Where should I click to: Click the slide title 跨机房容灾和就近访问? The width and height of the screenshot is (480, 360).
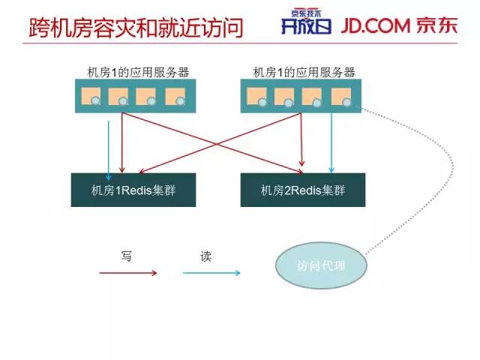(x=136, y=28)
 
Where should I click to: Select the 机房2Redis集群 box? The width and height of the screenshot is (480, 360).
(x=303, y=190)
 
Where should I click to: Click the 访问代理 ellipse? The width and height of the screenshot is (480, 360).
(x=321, y=265)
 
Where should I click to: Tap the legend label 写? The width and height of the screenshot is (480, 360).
(x=127, y=256)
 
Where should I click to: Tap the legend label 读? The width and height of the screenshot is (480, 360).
(x=205, y=256)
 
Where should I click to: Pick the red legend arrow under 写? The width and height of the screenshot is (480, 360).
(x=128, y=273)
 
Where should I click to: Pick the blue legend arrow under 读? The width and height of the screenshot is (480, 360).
(x=211, y=273)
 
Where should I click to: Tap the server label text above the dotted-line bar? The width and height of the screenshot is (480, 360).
(x=304, y=72)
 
